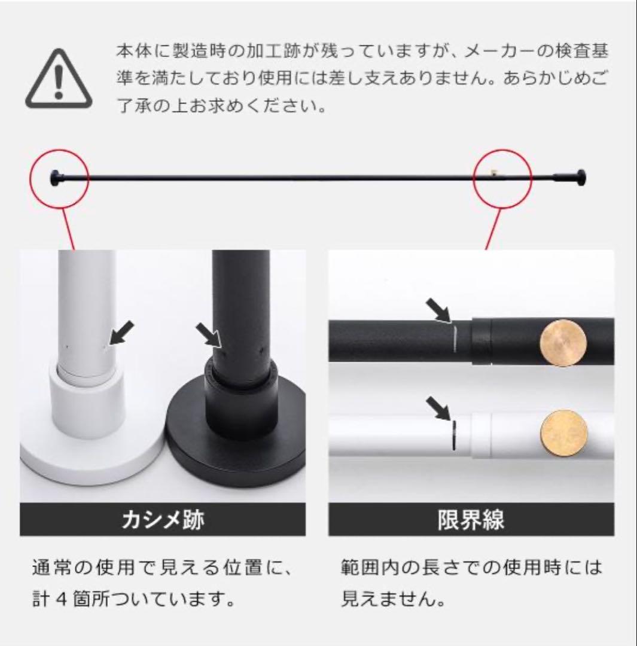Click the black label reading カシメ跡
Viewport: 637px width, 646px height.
(163, 520)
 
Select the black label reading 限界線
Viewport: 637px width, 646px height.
(471, 520)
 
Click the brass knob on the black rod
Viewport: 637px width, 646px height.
(563, 343)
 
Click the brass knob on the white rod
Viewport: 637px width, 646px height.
(563, 433)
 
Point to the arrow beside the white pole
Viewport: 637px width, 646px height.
(122, 333)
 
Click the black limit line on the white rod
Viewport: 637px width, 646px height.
(453, 434)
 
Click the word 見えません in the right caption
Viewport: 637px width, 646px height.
(393, 599)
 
